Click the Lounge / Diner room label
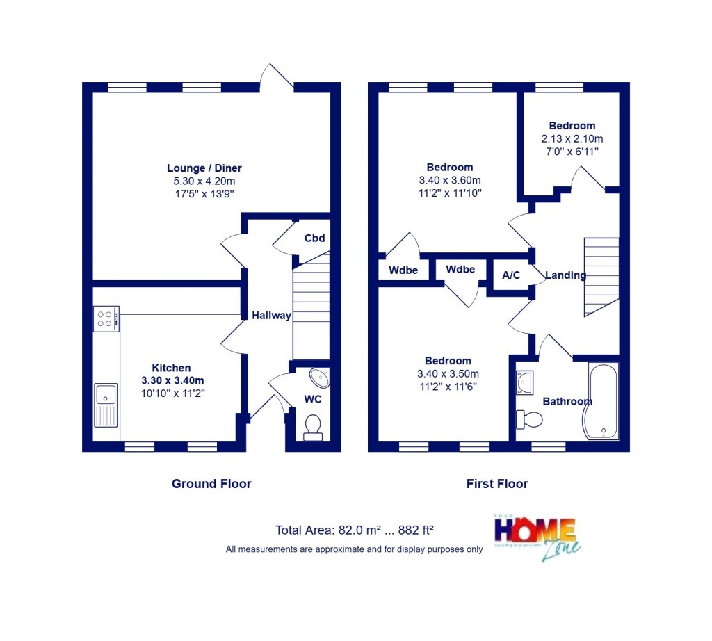[204, 168]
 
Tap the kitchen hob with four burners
[106, 318]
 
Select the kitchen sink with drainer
[106, 405]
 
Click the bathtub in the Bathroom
[602, 401]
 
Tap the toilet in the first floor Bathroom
[530, 419]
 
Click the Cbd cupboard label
[314, 238]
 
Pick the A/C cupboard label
[511, 275]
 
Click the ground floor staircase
[310, 306]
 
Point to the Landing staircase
[601, 276]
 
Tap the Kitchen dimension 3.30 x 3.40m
[172, 380]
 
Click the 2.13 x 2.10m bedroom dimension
[572, 138]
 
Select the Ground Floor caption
[211, 484]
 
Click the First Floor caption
[498, 484]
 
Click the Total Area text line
[355, 530]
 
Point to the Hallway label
[271, 316]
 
